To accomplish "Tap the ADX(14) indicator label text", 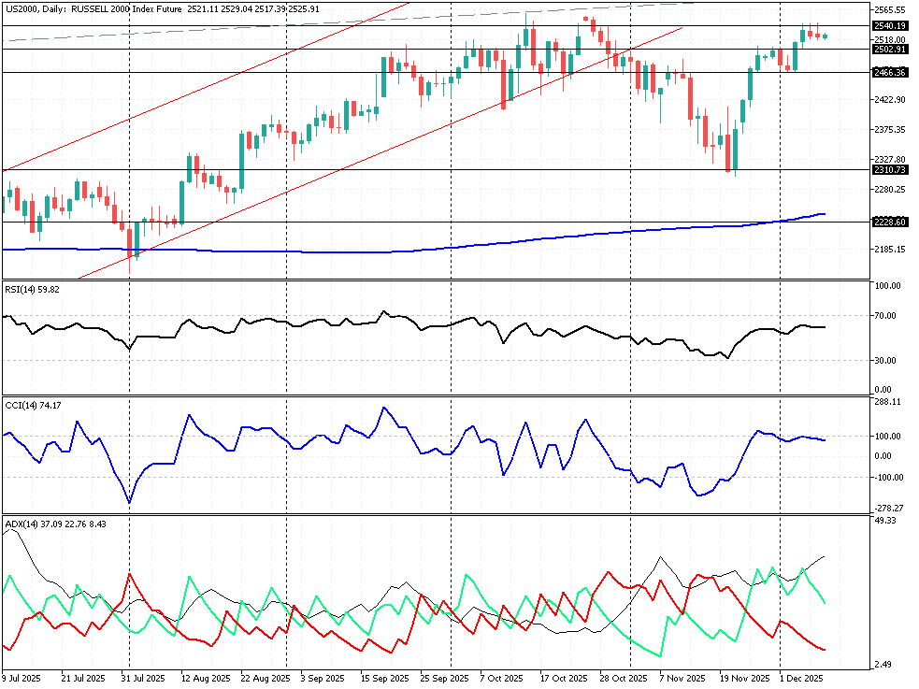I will point(21,524).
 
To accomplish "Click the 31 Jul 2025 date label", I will point(143,678).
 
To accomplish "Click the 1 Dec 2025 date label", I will point(800,678).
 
